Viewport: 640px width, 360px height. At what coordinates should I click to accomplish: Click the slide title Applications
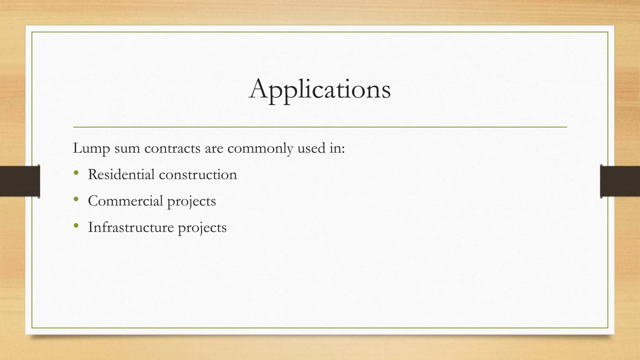(x=319, y=89)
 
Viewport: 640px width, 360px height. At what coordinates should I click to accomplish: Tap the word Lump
(x=91, y=148)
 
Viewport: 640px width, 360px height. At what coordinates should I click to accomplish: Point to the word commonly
(x=260, y=148)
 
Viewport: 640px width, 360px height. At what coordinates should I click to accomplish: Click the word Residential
(x=121, y=174)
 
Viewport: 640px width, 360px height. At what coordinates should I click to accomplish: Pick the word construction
(x=198, y=174)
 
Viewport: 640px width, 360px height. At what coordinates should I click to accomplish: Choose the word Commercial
(x=125, y=201)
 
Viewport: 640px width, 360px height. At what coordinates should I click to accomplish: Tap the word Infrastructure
(x=131, y=227)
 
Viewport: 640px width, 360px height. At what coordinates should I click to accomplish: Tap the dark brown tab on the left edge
(x=20, y=181)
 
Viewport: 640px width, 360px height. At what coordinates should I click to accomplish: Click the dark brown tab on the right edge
(x=620, y=181)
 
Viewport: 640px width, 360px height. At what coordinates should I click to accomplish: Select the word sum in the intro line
(x=127, y=148)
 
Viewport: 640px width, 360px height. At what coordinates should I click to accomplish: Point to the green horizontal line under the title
(x=320, y=127)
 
